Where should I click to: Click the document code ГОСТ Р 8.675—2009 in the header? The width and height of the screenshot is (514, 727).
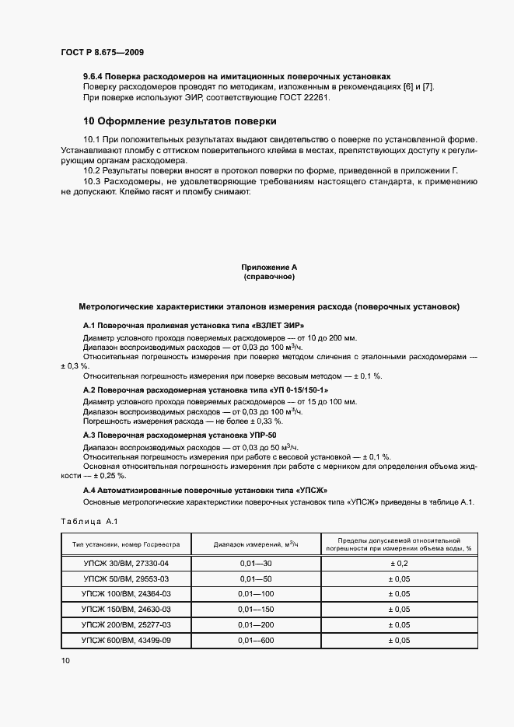pos(102,52)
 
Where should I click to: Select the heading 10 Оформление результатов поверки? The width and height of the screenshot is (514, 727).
pos(180,121)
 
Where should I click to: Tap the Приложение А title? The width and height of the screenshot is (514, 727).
pos(268,267)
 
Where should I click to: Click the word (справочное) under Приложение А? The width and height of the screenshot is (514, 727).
pos(268,277)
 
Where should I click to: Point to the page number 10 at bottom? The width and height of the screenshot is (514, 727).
pos(65,660)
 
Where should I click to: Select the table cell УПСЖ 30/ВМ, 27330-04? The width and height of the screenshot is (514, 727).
pos(125,562)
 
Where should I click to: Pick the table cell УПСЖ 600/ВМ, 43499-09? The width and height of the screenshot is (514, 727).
pos(125,640)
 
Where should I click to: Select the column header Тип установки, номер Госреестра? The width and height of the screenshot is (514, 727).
pos(125,544)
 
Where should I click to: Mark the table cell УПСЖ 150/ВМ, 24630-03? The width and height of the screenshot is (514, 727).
pos(125,609)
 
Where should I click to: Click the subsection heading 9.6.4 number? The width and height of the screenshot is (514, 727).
pos(93,76)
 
